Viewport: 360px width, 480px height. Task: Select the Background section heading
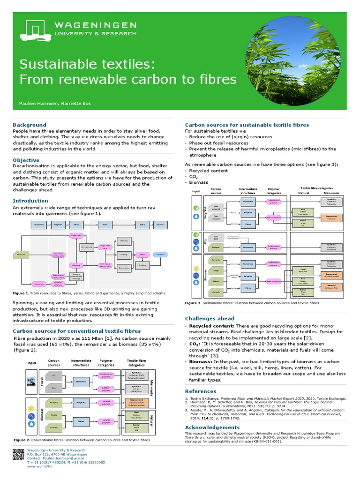pyautogui.click(x=30, y=125)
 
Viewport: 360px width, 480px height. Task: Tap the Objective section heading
pyautogui.click(x=26, y=160)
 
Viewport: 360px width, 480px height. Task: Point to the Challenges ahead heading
pyautogui.click(x=210, y=319)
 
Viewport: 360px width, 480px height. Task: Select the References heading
pyautogui.click(x=201, y=391)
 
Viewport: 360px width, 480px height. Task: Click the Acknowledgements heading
pyautogui.click(x=212, y=427)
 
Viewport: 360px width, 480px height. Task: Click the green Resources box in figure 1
pyautogui.click(x=21, y=255)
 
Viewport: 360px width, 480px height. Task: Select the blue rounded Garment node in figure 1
pyautogui.click(x=160, y=255)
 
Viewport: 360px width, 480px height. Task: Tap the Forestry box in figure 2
pyautogui.click(x=54, y=402)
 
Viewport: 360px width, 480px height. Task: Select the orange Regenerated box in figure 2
pyautogui.click(x=136, y=402)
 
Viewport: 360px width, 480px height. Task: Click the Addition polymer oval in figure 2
pyautogui.click(x=105, y=389)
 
